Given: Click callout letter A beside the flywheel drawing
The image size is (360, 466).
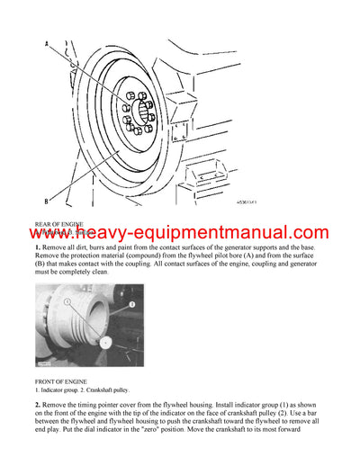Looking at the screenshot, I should pos(44,42).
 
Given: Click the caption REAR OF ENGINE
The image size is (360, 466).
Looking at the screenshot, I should pos(59,223).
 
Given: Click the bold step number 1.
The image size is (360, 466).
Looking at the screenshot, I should pos(38,247).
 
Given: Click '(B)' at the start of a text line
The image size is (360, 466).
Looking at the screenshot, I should pos(41,267).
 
